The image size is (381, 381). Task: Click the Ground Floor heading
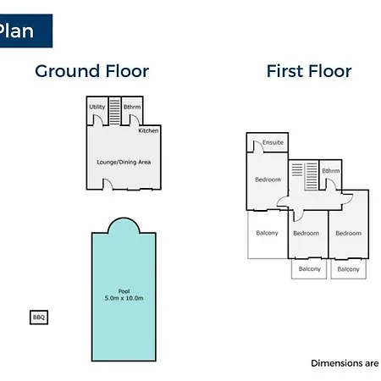point(92,71)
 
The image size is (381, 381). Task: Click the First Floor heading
point(309,71)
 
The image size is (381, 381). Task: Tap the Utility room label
point(97,107)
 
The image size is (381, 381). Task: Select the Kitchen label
point(148,130)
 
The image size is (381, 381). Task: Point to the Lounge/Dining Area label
point(124,162)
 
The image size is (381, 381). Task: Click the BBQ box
point(39,317)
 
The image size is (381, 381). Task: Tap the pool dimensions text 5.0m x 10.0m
point(124,298)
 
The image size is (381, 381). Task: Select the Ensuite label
point(273,142)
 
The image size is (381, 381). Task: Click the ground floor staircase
point(115,111)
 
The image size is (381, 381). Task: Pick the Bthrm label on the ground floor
point(132,107)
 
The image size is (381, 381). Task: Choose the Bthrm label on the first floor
point(331,171)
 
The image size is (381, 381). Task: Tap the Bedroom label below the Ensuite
point(268,179)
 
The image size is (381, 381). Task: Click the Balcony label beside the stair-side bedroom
point(267,233)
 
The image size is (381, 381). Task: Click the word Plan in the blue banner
point(16,30)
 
